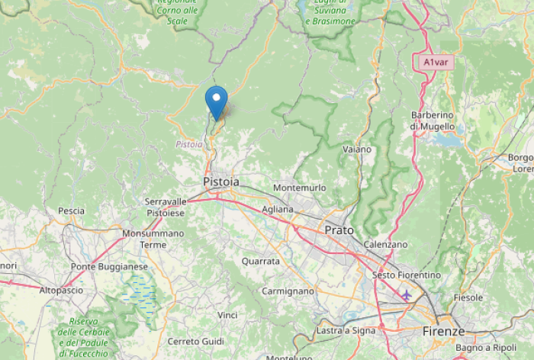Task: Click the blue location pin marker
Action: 217,101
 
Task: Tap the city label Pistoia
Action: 221,182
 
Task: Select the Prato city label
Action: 339,229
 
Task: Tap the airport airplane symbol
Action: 406,294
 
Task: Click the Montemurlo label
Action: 299,188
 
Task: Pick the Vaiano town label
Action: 357,149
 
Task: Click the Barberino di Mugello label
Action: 432,121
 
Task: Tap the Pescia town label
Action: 71,211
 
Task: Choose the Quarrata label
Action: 260,261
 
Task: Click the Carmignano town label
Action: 288,291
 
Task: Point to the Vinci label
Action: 227,315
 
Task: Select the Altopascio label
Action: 60,291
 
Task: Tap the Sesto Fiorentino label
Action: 407,275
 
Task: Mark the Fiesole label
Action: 468,297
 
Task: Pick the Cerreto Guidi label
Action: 195,341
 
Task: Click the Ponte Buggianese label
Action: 109,266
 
